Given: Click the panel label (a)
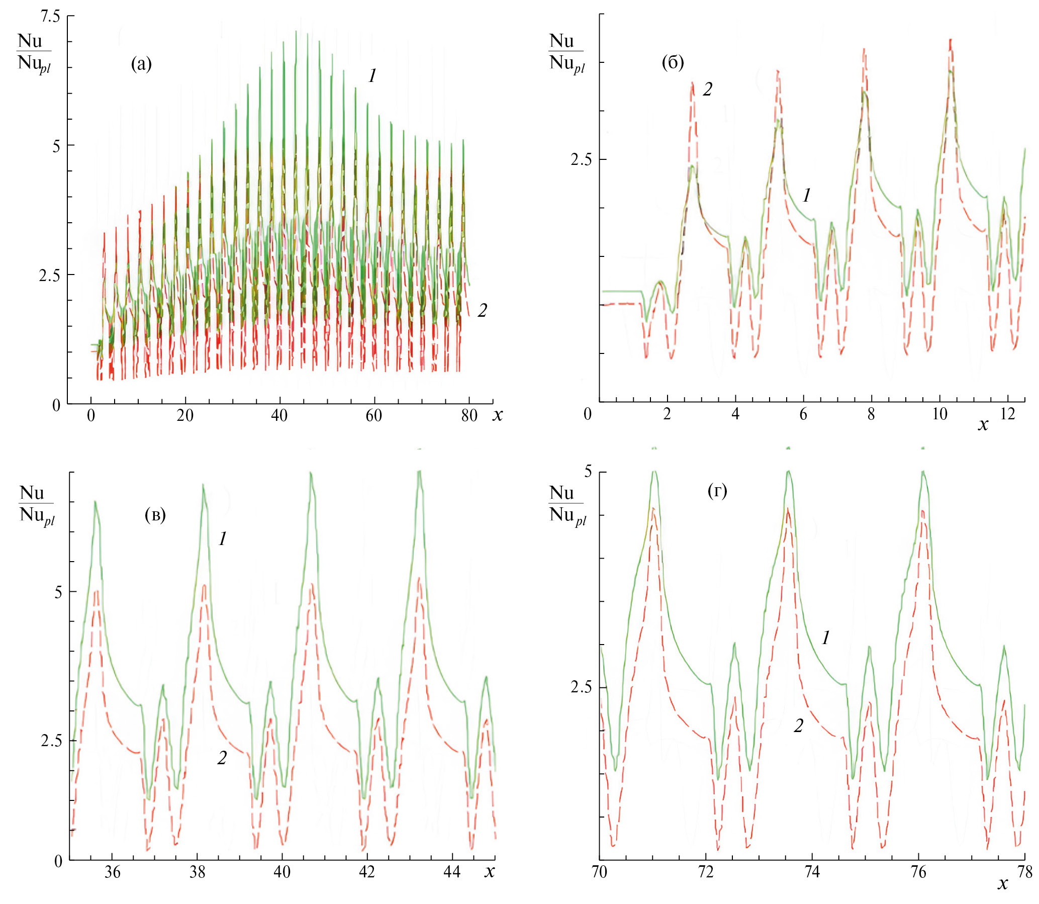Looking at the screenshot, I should coord(141,64).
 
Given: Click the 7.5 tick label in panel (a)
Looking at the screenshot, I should coord(49,17).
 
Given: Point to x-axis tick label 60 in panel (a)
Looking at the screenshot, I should coord(374,416).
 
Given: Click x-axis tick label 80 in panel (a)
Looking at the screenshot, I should coord(469,416).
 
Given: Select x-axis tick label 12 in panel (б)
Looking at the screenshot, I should coord(1007,414).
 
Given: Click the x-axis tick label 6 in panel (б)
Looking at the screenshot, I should coord(803,414).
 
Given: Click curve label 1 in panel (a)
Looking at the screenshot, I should coord(372,76).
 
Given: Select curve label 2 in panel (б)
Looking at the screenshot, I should coord(708,89).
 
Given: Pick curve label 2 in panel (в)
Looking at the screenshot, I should coord(222,758).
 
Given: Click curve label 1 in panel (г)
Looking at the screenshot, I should coord(826,638).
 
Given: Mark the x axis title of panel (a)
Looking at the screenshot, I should coord(498,416).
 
